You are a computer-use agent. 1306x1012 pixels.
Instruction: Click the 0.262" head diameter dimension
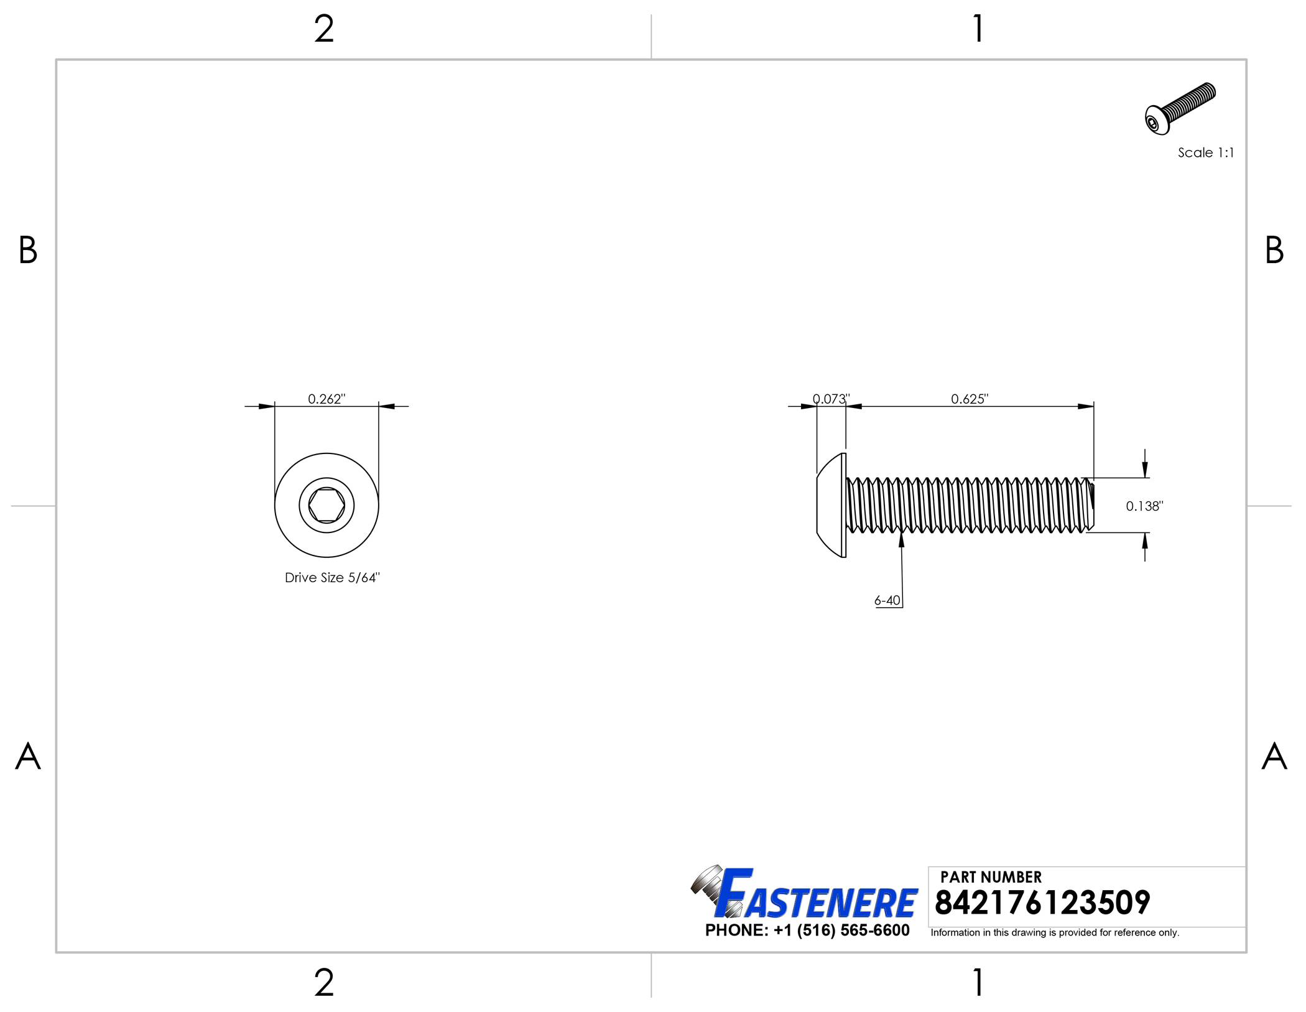point(327,399)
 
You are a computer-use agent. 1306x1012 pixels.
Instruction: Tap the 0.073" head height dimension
point(831,399)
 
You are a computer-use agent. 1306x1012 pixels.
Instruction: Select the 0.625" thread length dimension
point(969,399)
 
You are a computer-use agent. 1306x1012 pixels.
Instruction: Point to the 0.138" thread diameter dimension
point(1144,506)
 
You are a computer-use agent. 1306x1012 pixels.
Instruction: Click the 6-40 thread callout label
point(887,600)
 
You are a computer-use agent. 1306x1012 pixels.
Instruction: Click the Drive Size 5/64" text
point(332,578)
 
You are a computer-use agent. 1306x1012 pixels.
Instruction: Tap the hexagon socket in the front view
point(327,505)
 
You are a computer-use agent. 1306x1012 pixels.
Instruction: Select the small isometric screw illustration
point(1179,108)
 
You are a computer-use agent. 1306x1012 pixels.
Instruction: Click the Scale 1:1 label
point(1205,153)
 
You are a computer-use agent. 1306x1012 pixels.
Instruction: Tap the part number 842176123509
point(1042,903)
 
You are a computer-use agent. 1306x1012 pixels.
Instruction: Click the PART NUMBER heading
point(990,877)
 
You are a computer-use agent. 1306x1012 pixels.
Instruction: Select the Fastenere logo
point(805,894)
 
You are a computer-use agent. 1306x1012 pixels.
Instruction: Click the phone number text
point(807,931)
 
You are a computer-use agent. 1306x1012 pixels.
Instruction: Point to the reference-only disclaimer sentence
point(1054,932)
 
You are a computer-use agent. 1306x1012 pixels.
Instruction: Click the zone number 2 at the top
point(324,29)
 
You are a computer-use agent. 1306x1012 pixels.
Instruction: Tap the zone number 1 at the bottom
point(978,983)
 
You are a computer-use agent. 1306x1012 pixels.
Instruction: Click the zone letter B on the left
point(28,250)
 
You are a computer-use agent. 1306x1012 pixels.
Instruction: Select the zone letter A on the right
point(1274,756)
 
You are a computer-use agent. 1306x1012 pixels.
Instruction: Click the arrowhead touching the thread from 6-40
point(901,539)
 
